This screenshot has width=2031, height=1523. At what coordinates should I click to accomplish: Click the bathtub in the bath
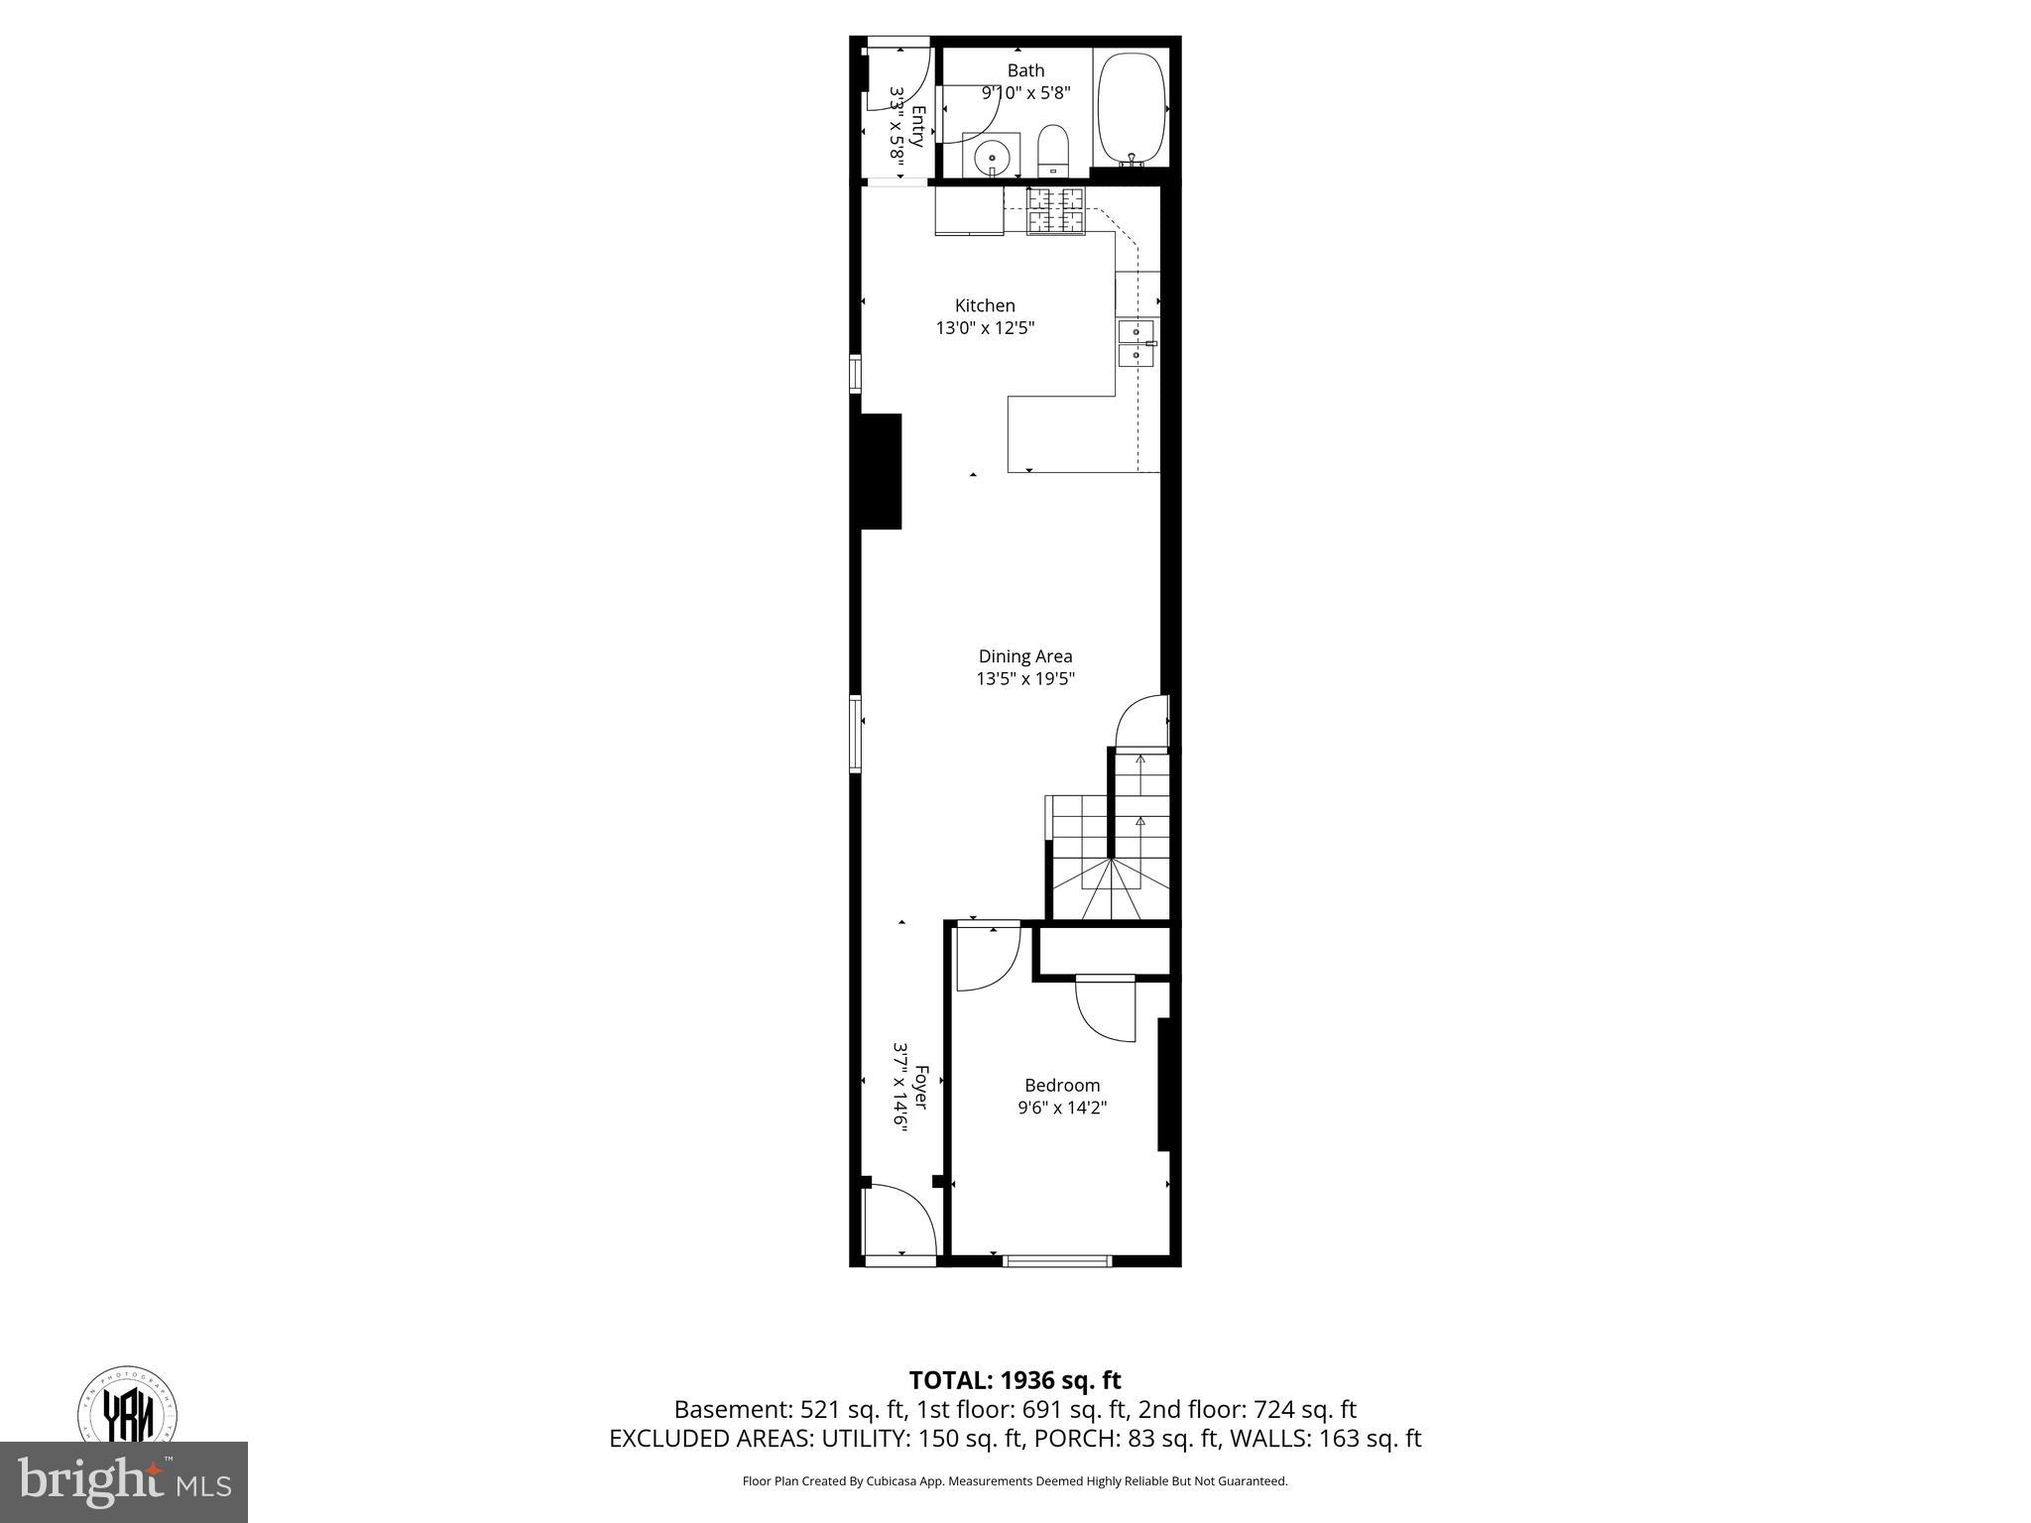pyautogui.click(x=1133, y=107)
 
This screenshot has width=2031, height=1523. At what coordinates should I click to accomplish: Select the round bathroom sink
pyautogui.click(x=992, y=156)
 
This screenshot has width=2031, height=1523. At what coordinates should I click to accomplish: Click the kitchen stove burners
pyautogui.click(x=1055, y=211)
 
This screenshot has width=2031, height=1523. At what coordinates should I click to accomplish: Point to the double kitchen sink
pyautogui.click(x=1136, y=343)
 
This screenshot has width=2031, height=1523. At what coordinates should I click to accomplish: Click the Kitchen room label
pyautogui.click(x=985, y=305)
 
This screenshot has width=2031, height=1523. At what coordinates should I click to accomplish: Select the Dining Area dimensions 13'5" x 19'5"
pyautogui.click(x=1025, y=679)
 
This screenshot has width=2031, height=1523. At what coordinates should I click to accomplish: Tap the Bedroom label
pyautogui.click(x=1062, y=1085)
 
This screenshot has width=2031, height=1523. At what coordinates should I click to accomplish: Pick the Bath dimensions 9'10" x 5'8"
pyautogui.click(x=1025, y=93)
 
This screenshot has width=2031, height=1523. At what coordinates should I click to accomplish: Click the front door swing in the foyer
pyautogui.click(x=898, y=1222)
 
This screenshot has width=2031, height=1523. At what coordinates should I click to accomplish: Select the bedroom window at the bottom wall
pyautogui.click(x=1056, y=1261)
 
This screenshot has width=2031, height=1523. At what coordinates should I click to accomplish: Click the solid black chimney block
pyautogui.click(x=881, y=471)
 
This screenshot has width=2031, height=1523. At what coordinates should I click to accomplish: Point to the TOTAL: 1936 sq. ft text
pyautogui.click(x=1015, y=1380)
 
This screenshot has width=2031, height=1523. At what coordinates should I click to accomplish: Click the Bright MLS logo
pyautogui.click(x=123, y=1482)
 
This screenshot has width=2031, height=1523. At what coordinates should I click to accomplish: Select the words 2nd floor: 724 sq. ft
pyautogui.click(x=1247, y=1409)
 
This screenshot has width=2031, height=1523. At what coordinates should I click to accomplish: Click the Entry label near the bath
pyautogui.click(x=918, y=126)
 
